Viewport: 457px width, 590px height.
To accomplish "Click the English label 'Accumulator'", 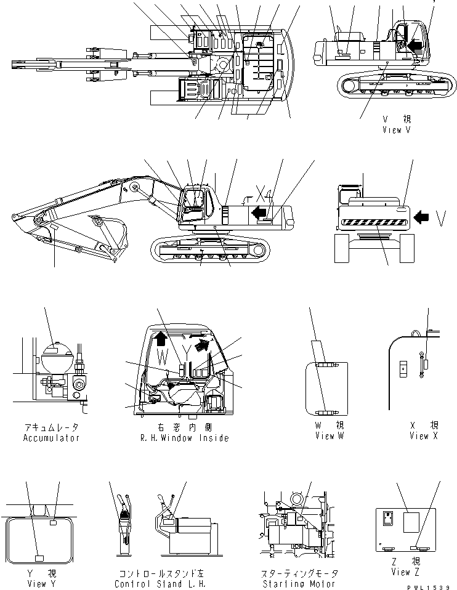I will pyautogui.click(x=51, y=438).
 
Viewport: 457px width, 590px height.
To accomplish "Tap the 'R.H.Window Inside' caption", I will pyautogui.click(x=185, y=438).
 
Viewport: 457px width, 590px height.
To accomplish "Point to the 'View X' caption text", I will pyautogui.click(x=419, y=436).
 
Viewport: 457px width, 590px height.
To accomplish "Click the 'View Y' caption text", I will pyautogui.click(x=37, y=584).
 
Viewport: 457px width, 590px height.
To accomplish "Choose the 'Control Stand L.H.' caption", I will pyautogui.click(x=163, y=584).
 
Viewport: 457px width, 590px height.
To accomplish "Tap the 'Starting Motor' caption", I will pyautogui.click(x=298, y=584).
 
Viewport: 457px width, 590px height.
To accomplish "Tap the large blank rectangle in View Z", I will pyautogui.click(x=411, y=523).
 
